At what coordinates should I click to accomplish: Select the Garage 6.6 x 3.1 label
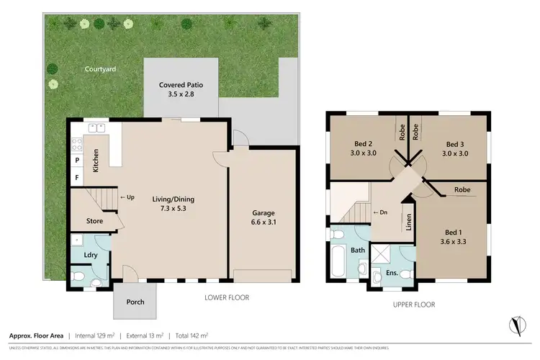[263, 218]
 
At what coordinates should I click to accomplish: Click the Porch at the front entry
[135, 303]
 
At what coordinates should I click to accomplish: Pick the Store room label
[94, 221]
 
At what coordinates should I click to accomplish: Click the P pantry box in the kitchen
[77, 160]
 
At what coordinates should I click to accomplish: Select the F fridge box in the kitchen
[77, 176]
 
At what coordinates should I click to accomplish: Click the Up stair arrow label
[127, 197]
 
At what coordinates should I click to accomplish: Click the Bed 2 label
[364, 148]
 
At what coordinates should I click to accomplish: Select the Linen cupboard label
[409, 222]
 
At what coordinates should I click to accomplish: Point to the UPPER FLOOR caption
[414, 305]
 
